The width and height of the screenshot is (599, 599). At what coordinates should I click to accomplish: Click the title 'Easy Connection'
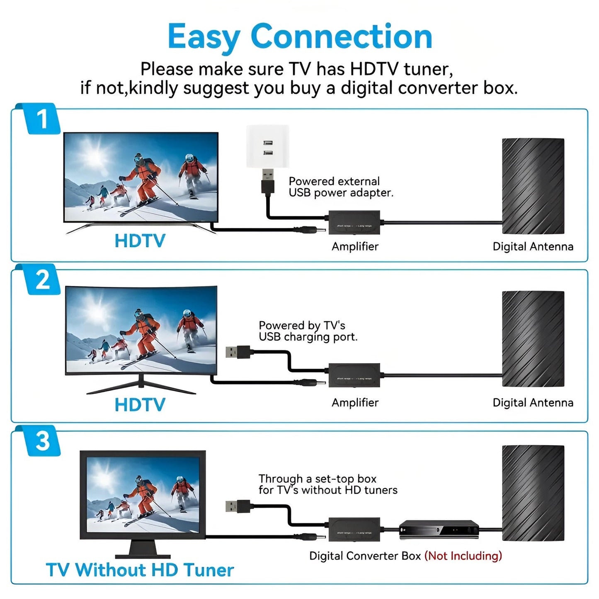pyautogui.click(x=300, y=36)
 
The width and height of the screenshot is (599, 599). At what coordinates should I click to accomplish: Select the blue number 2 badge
pyautogui.click(x=43, y=280)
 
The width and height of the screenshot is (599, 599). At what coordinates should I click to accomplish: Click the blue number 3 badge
pyautogui.click(x=43, y=441)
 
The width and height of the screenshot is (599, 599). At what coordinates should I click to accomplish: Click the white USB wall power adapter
pyautogui.click(x=267, y=147)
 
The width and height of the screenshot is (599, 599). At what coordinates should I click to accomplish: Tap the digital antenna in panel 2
pyautogui.click(x=533, y=339)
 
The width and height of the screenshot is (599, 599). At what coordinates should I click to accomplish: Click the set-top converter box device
pyautogui.click(x=439, y=530)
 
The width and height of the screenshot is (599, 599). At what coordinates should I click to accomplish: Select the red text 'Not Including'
pyautogui.click(x=463, y=555)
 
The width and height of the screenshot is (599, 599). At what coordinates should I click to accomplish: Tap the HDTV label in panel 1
pyautogui.click(x=140, y=241)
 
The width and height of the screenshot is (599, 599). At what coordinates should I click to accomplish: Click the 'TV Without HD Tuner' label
pyautogui.click(x=140, y=570)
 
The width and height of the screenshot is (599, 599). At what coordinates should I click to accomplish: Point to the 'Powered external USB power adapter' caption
pyautogui.click(x=341, y=187)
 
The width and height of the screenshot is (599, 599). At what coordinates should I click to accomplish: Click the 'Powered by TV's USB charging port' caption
pyautogui.click(x=308, y=331)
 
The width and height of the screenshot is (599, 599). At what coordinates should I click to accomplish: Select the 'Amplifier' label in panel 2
pyautogui.click(x=355, y=403)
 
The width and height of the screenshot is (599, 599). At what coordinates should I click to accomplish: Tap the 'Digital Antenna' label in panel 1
pyautogui.click(x=533, y=247)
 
